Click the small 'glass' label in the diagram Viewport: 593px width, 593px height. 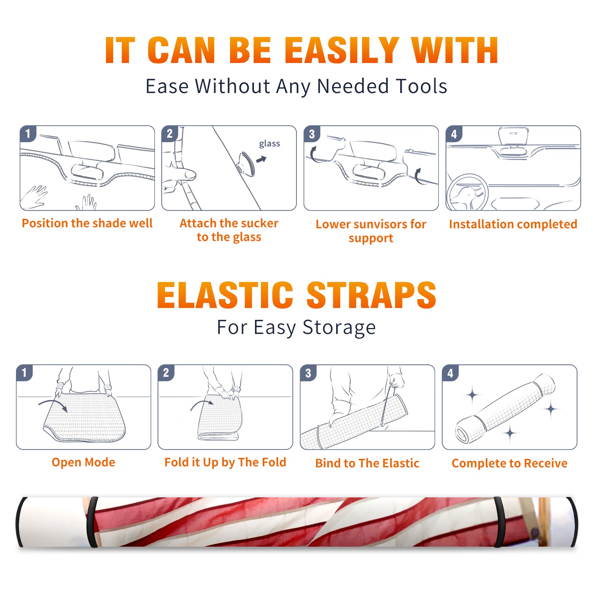point(269,144)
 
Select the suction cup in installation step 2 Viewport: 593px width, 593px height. point(246,163)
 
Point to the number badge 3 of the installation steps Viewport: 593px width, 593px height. point(312,134)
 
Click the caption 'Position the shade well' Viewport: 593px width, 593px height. point(87,223)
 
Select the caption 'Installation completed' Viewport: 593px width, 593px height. point(513,224)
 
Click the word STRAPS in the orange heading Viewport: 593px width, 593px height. point(371,295)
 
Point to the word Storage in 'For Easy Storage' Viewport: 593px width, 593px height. point(339,328)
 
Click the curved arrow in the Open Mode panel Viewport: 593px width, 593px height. point(53,404)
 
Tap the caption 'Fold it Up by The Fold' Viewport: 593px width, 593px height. point(225,462)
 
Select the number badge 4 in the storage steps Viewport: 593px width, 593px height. point(450,373)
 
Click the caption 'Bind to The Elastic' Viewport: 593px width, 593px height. point(367,463)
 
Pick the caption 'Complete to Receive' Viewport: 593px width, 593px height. point(510,463)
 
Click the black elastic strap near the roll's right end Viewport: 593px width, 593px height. point(499,522)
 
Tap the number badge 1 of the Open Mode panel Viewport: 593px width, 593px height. point(24,373)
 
